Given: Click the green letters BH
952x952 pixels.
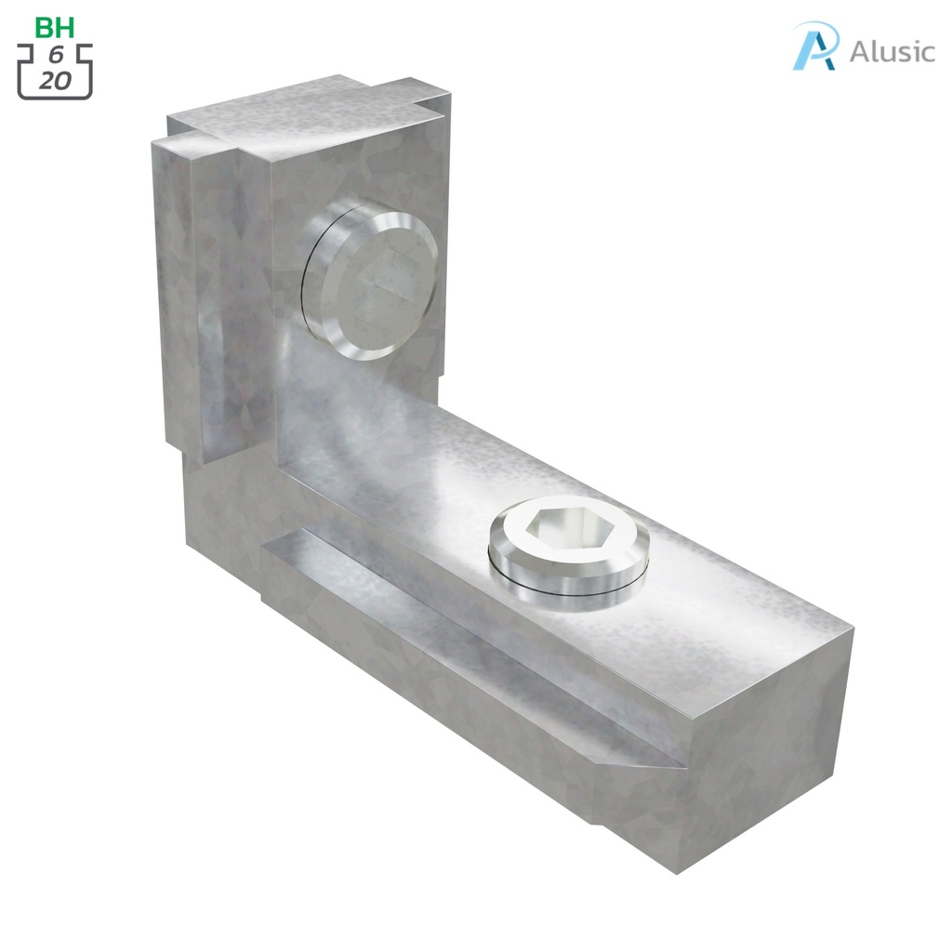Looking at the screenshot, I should (x=55, y=27).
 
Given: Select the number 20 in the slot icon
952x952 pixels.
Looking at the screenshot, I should (x=55, y=80).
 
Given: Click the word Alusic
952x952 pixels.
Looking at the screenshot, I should (x=892, y=51).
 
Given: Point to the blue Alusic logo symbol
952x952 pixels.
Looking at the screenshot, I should (x=815, y=46).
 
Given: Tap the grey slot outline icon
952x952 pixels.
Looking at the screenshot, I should (x=55, y=69).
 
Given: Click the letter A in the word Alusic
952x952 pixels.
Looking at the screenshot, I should (x=859, y=51).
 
